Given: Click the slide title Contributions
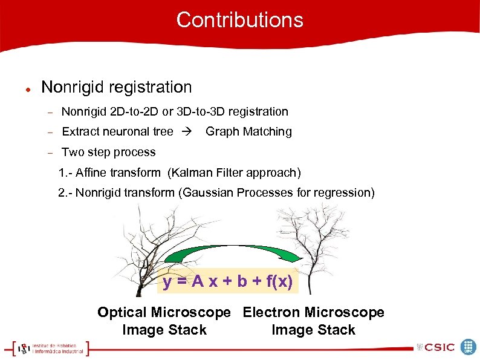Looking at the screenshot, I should click(239, 20).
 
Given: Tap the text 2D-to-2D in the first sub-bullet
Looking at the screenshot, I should click(129, 111).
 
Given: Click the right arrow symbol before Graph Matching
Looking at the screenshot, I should click(189, 131).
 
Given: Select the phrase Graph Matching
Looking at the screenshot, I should click(248, 131).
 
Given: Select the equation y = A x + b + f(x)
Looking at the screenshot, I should click(228, 281).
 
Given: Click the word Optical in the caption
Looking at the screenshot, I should click(122, 312).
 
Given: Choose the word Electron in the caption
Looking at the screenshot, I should click(271, 312).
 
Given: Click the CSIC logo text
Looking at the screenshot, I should click(439, 347).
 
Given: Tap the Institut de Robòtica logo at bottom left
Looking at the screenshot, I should click(48, 348).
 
